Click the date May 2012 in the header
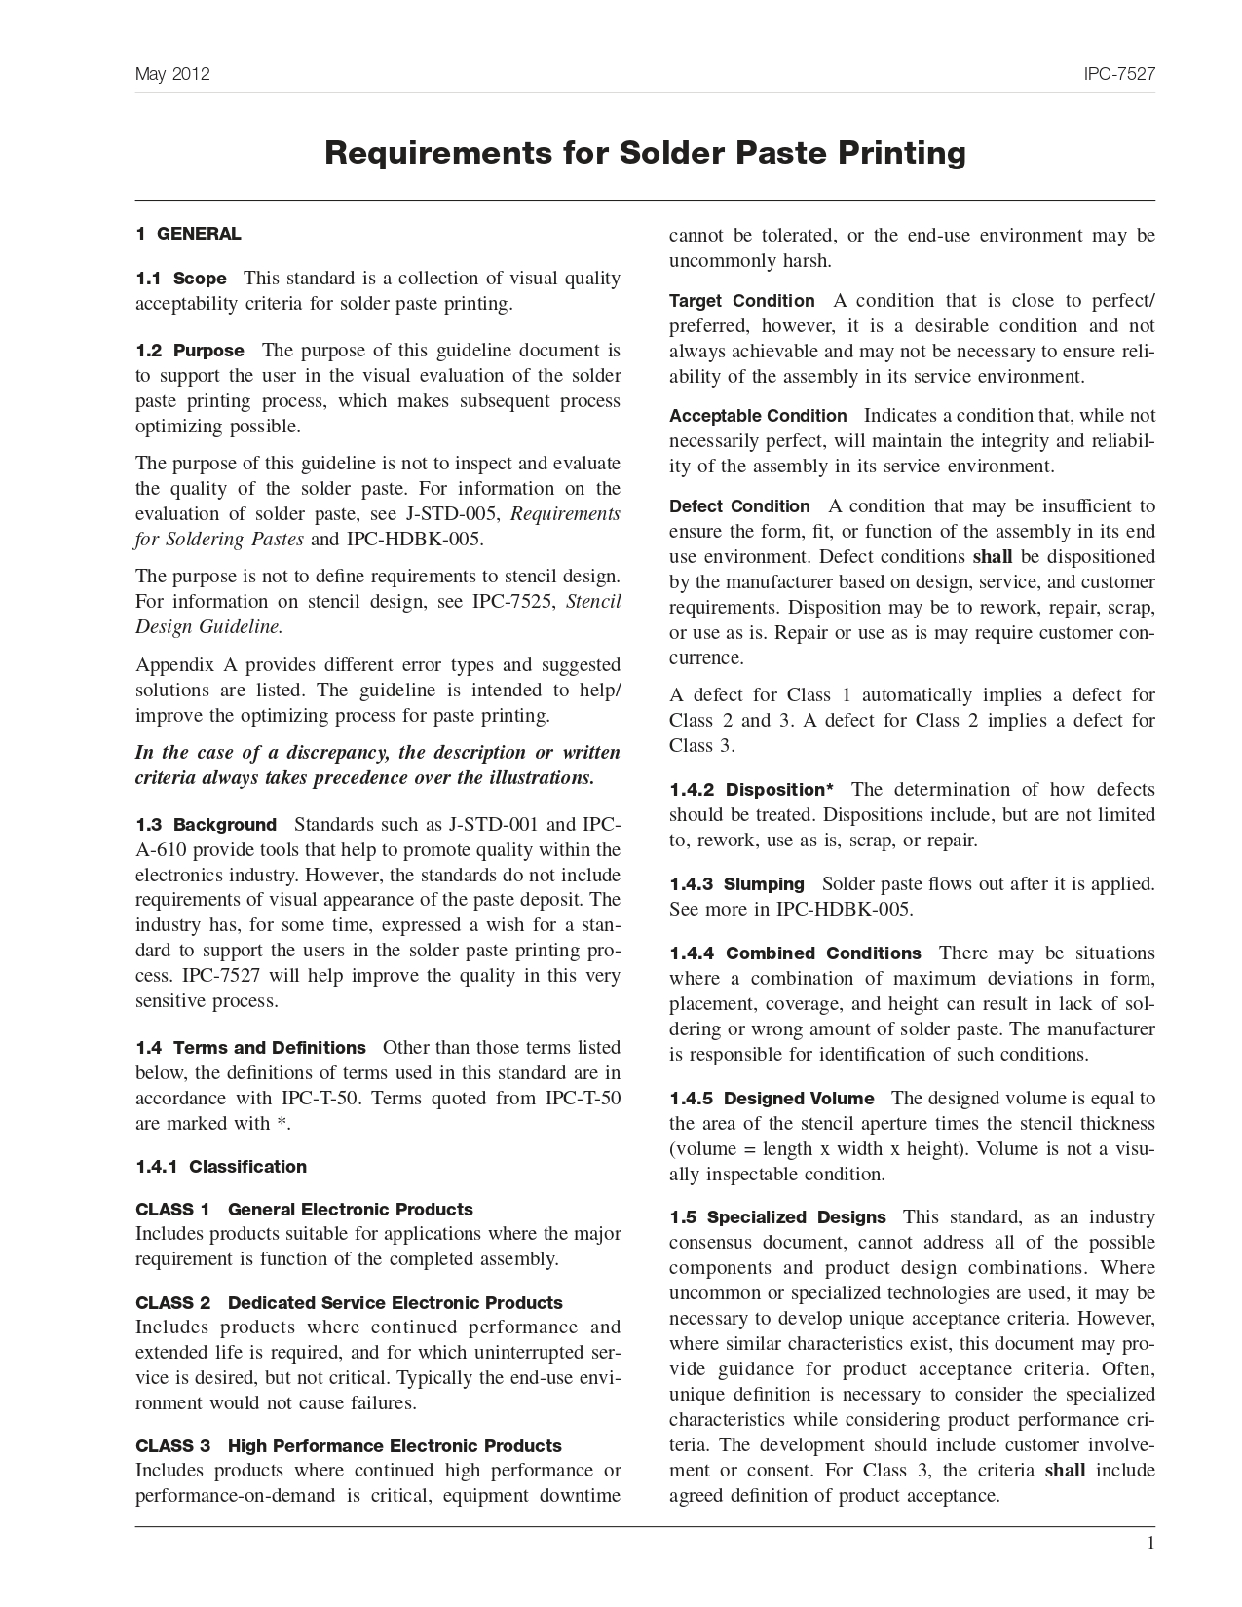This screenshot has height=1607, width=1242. pos(172,75)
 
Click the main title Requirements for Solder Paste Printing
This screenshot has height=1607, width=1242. pos(645,153)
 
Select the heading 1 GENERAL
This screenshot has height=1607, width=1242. pos(188,234)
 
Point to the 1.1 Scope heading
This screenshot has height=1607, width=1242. pos(181,279)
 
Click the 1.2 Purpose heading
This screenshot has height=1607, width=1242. pos(190,351)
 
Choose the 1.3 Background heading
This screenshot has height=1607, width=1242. pos(207,825)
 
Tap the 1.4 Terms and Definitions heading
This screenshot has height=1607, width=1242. pos(251,1048)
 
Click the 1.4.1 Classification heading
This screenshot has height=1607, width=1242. pos(221,1167)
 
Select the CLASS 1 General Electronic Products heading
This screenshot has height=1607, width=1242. pos(304,1210)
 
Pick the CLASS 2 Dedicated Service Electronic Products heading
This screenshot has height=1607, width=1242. pos(349,1303)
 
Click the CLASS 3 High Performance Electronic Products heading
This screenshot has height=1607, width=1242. pos(349,1446)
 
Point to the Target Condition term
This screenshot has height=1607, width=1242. pos(741,301)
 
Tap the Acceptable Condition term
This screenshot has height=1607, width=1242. pos(758,416)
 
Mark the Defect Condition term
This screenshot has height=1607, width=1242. pos(739,506)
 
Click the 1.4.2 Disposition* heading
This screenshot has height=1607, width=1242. pos(751,790)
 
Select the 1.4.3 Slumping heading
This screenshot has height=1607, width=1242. pos(736,884)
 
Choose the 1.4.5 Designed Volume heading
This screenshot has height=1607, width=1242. pos(772,1099)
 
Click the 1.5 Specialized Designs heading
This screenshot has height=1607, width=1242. pos(777,1217)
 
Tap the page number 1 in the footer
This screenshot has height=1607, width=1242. pos(1150,1543)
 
